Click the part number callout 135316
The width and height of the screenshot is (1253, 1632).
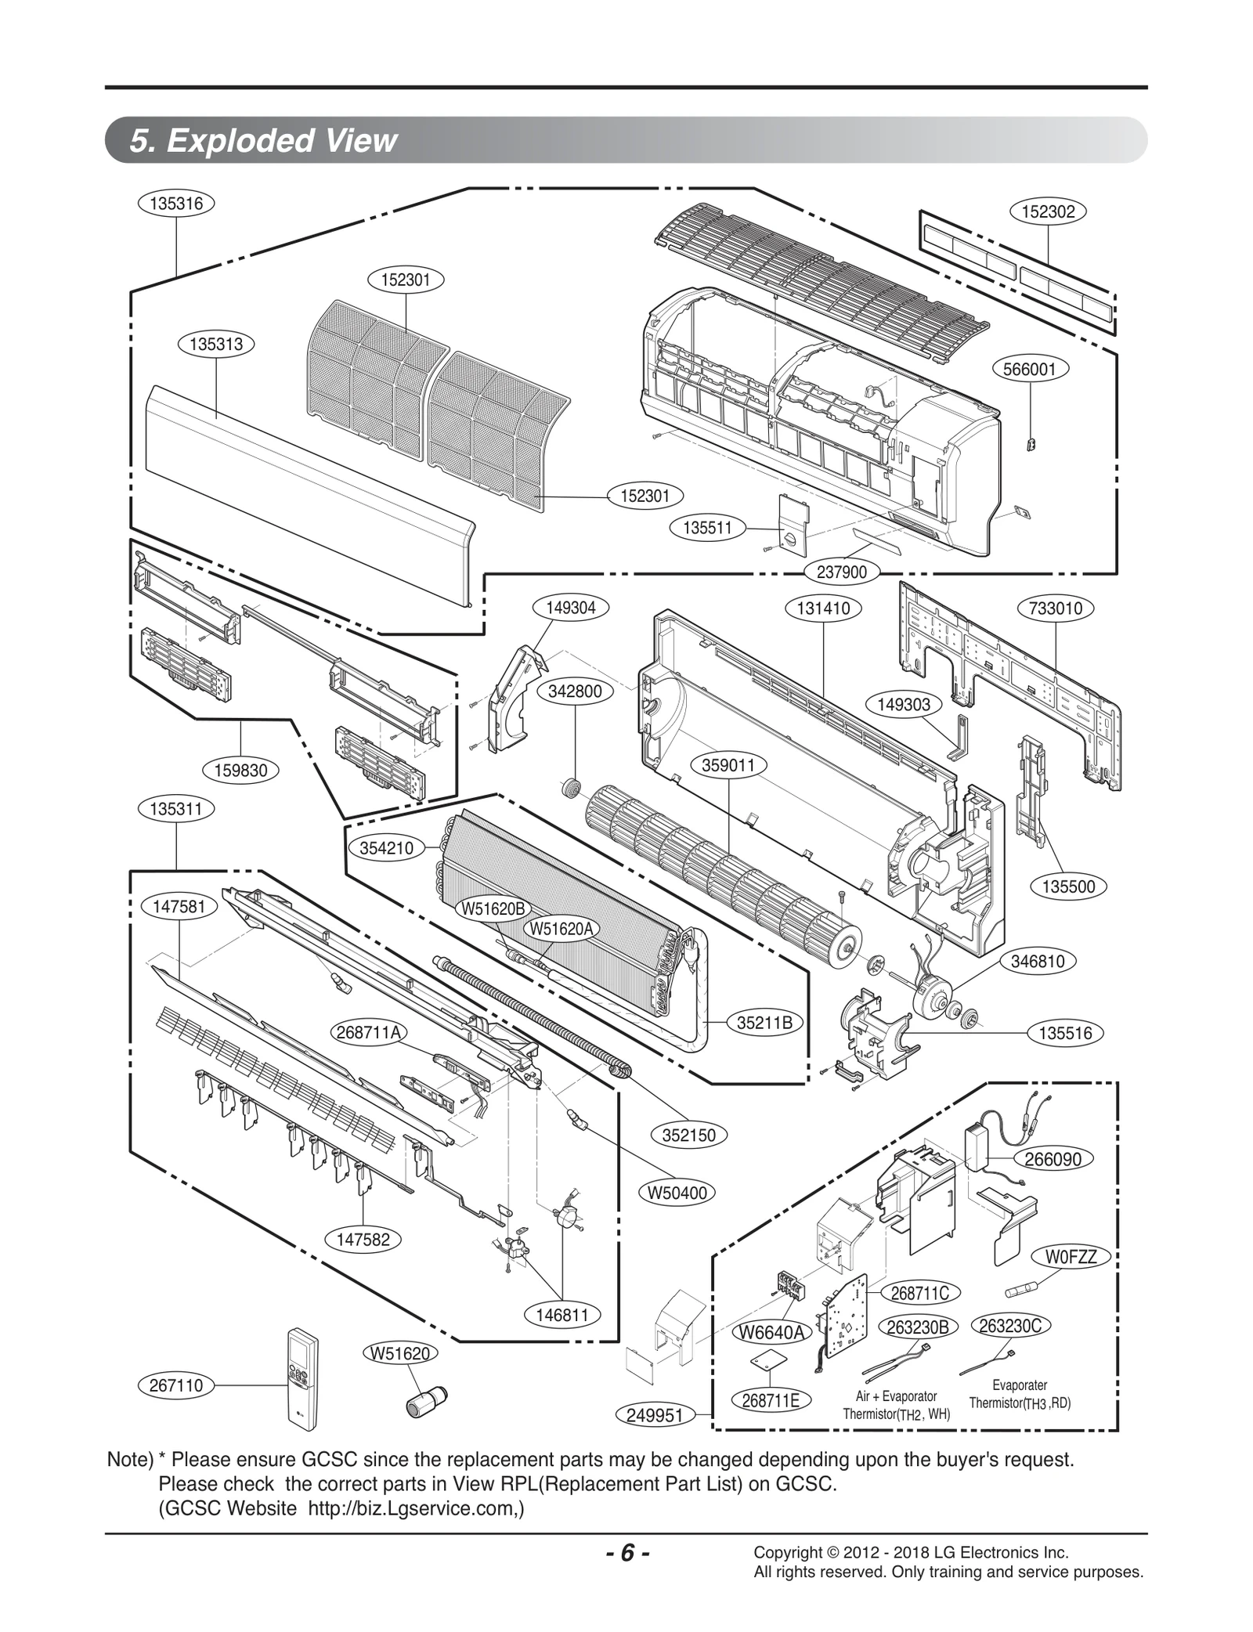tap(176, 204)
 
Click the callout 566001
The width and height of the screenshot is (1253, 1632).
tap(1030, 369)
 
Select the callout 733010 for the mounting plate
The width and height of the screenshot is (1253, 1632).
tap(1056, 608)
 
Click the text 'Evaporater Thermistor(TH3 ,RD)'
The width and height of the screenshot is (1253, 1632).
tap(1019, 1395)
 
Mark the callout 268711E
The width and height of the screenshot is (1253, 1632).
tap(771, 1401)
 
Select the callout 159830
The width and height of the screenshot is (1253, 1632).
tap(240, 771)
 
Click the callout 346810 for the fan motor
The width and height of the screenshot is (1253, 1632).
tap(1038, 962)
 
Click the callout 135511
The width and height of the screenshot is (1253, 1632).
tap(707, 528)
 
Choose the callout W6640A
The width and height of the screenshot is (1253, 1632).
tap(772, 1332)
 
